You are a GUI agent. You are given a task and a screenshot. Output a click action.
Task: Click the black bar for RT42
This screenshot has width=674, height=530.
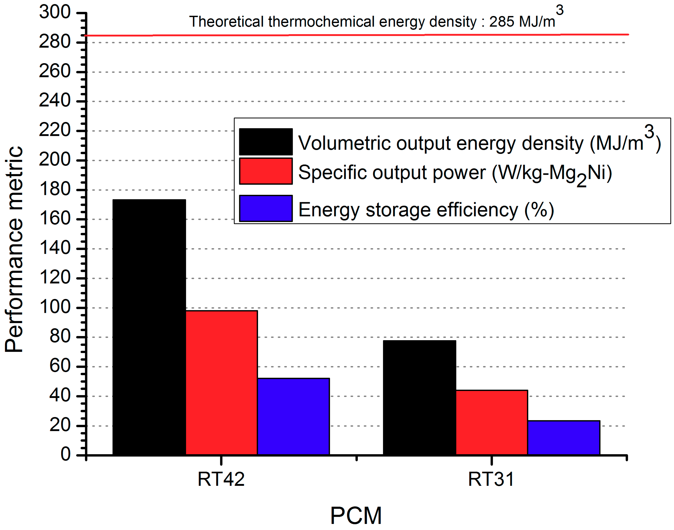tap(149, 327)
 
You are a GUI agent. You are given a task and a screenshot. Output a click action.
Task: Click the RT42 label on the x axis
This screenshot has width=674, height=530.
tap(221, 479)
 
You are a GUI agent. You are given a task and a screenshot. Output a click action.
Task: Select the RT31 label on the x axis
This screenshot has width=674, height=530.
tap(491, 479)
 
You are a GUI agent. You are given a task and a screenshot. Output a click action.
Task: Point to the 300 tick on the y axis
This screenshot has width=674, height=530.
tap(55, 12)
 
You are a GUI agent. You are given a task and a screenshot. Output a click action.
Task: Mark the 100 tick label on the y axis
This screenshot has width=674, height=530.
tap(55, 307)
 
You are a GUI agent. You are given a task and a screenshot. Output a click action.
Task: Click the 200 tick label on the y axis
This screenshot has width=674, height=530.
tap(55, 160)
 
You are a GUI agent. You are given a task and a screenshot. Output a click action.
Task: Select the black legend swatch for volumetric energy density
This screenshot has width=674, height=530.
tap(266, 142)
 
